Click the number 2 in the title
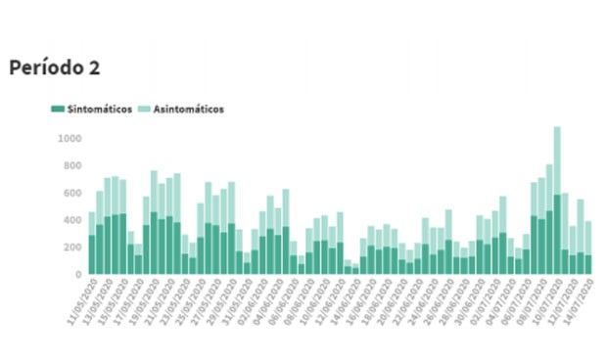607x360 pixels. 92,68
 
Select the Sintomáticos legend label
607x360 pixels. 99,109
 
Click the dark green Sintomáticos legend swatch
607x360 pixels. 58,109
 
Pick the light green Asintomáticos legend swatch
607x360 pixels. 144,109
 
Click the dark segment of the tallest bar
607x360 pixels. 557,235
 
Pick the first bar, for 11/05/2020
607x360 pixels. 92,245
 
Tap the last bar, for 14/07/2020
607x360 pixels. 589,249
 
